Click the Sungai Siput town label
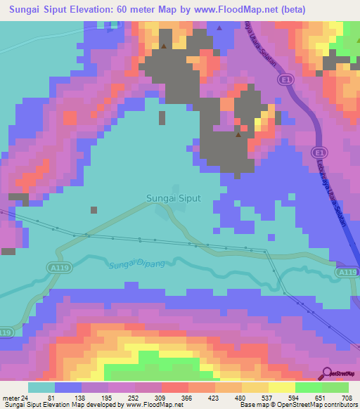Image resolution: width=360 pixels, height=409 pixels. (174, 198)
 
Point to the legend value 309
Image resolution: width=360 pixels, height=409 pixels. (160, 397)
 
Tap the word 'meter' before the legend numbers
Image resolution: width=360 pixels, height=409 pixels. (11, 397)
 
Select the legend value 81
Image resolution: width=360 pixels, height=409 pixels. (53, 397)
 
